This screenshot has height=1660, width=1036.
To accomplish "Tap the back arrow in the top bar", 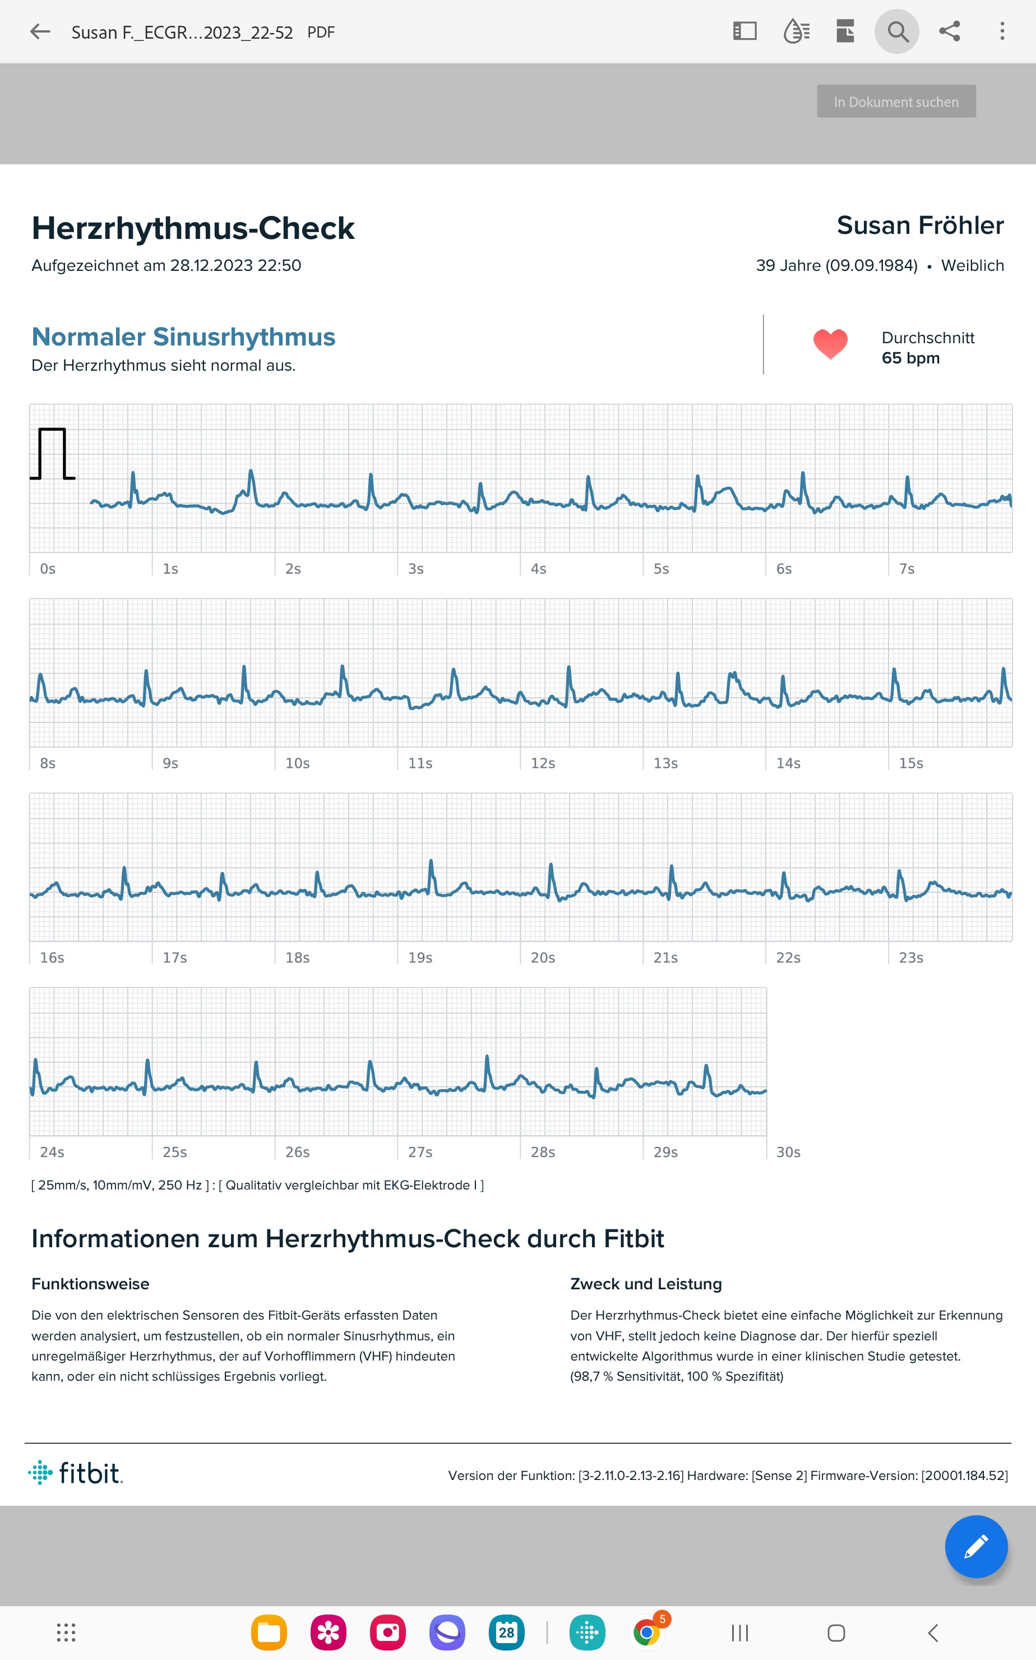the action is (x=40, y=31).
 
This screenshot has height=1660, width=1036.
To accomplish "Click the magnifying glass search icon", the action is (x=897, y=31).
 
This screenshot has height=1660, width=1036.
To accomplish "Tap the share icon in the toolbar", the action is (x=950, y=31).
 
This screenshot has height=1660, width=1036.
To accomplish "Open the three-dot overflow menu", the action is (x=1002, y=31).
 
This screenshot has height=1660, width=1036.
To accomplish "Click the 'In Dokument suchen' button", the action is (x=896, y=102).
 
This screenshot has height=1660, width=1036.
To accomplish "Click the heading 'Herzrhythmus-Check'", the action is (x=193, y=228).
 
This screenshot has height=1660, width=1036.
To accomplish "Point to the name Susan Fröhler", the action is (x=920, y=225).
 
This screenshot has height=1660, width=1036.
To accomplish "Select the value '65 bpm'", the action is (x=910, y=358).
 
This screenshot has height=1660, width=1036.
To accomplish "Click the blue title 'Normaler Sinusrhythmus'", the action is (x=184, y=336).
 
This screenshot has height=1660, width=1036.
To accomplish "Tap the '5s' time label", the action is (x=661, y=569).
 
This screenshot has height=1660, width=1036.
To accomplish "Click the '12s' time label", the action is (x=543, y=763).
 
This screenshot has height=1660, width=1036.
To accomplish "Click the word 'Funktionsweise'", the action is (x=90, y=1284).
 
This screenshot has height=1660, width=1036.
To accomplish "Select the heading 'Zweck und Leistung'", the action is (x=646, y=1284).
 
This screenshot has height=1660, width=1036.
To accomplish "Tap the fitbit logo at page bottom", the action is (x=75, y=1472).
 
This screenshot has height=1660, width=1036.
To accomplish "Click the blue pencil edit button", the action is (x=975, y=1546).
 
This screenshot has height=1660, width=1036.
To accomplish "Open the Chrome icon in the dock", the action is (x=646, y=1633).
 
